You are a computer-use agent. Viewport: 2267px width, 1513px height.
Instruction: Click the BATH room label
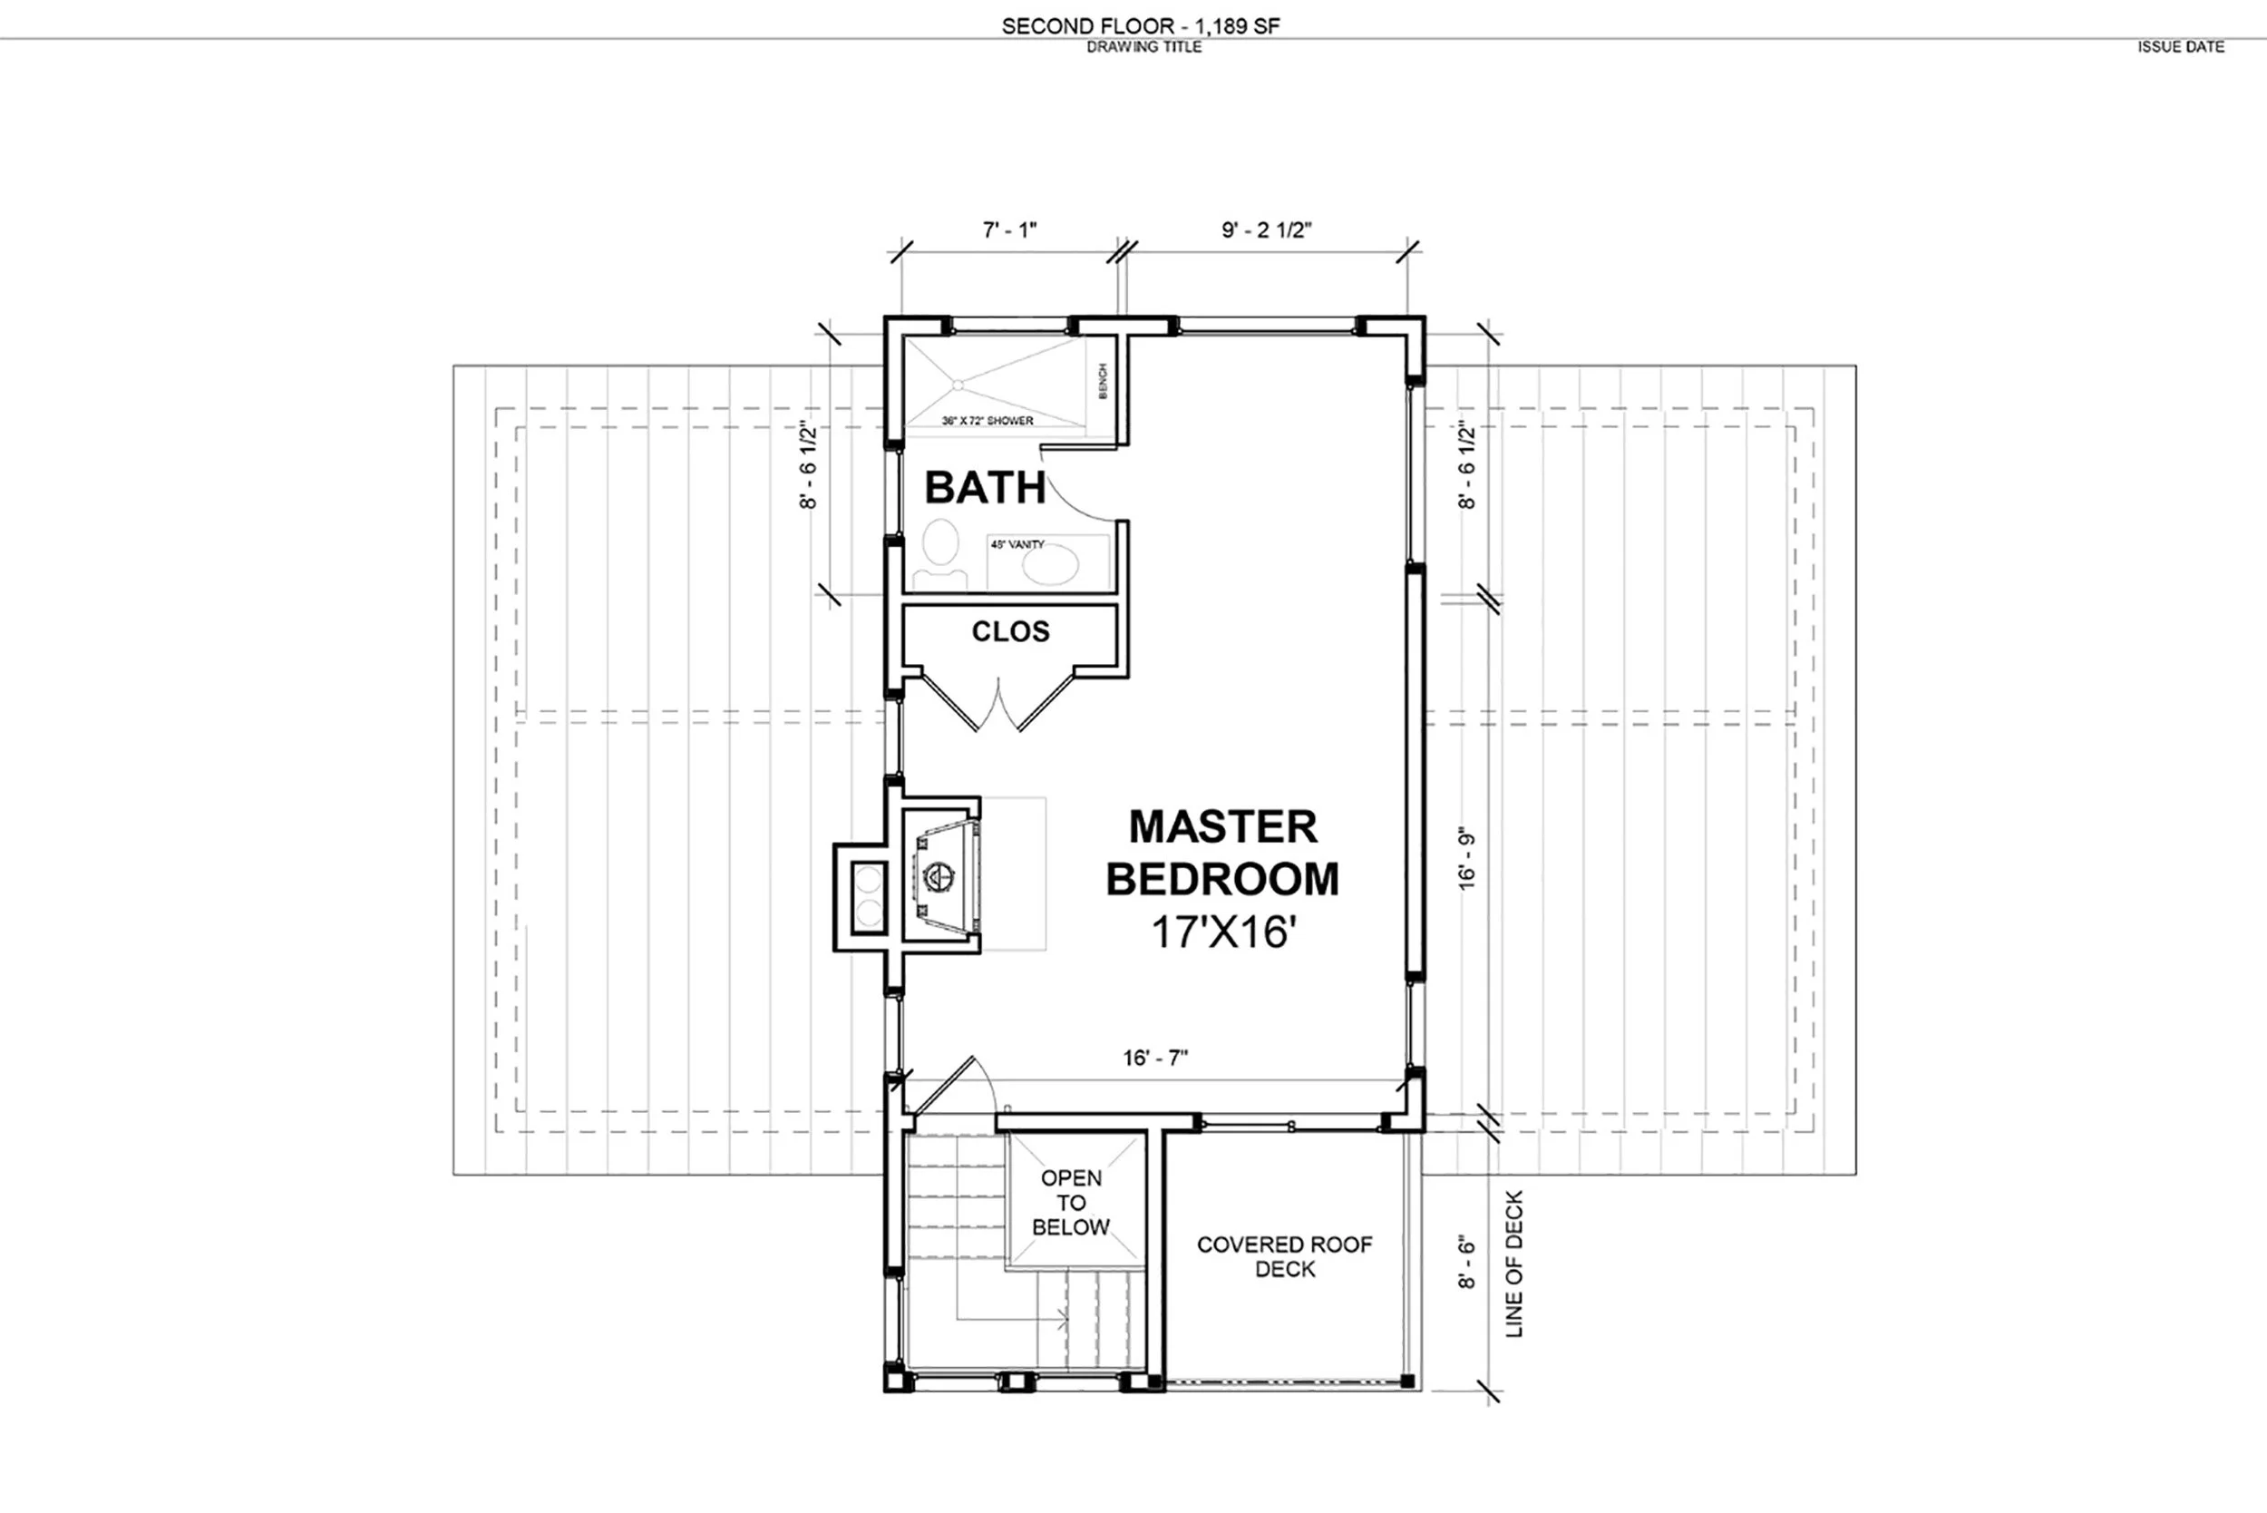pyautogui.click(x=985, y=487)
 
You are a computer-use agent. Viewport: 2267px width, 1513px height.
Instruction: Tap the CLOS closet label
pyautogui.click(x=1010, y=631)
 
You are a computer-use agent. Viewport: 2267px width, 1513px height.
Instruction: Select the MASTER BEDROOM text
pyautogui.click(x=1222, y=852)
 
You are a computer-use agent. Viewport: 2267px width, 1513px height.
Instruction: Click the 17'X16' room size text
pyautogui.click(x=1223, y=932)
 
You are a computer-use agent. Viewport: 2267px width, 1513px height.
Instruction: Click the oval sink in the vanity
pyautogui.click(x=1049, y=565)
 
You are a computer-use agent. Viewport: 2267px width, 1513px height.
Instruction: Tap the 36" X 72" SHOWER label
pyautogui.click(x=987, y=421)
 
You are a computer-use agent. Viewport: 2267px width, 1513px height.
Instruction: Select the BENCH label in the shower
pyautogui.click(x=1103, y=381)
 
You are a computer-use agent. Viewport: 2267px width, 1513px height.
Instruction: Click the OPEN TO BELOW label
pyautogui.click(x=1071, y=1202)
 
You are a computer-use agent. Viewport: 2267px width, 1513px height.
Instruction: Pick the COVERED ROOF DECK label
pyautogui.click(x=1284, y=1256)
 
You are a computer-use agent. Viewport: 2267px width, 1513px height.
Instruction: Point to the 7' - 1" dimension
pyautogui.click(x=1009, y=229)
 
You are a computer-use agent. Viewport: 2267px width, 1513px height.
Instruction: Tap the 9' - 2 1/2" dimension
pyautogui.click(x=1267, y=229)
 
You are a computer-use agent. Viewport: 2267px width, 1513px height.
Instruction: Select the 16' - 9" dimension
pyautogui.click(x=1466, y=858)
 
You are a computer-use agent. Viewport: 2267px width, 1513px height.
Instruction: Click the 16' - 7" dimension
pyautogui.click(x=1154, y=1058)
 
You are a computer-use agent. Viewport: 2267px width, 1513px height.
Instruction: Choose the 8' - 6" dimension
pyautogui.click(x=1466, y=1261)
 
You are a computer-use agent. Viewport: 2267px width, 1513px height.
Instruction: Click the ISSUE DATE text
pyautogui.click(x=2180, y=46)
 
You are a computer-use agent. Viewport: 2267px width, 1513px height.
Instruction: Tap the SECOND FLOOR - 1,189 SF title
pyautogui.click(x=1140, y=26)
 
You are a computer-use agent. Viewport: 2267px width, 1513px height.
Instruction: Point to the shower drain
pyautogui.click(x=958, y=384)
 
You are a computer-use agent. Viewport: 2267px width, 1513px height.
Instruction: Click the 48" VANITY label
pyautogui.click(x=1017, y=544)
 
